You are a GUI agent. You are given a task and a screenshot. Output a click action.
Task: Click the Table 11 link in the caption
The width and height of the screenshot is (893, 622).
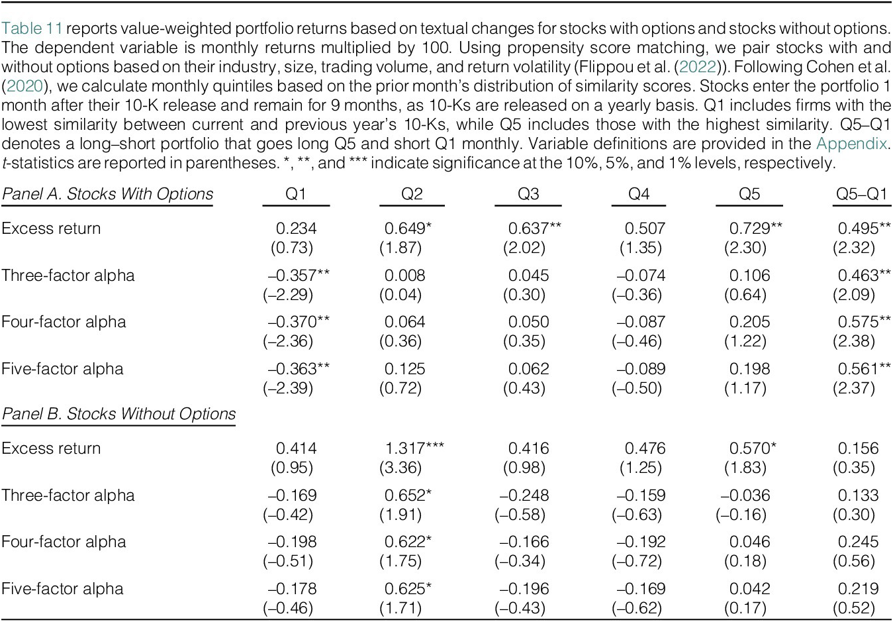pos(32,28)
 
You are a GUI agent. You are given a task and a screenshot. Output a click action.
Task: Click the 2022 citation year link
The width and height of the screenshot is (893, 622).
pos(698,67)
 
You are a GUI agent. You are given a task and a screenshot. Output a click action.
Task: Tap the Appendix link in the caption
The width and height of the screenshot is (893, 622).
pos(851,144)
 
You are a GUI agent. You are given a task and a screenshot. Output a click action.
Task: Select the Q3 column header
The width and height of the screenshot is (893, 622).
pos(528,194)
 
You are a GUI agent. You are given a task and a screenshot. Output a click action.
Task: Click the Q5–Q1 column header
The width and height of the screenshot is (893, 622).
pos(861,194)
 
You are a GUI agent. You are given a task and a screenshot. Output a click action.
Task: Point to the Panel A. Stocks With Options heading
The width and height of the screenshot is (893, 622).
pos(107,194)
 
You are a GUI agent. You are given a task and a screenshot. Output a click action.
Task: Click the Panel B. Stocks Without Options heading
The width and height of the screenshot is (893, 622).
pos(118,414)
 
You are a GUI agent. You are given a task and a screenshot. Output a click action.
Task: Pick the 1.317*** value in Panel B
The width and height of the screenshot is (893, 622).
pos(414,448)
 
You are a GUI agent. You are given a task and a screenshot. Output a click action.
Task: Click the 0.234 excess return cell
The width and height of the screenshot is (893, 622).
pos(296,229)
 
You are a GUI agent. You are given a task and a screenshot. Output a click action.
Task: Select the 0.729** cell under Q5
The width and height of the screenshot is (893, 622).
pos(755,229)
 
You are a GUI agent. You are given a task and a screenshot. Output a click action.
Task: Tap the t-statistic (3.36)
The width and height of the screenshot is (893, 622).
pos(400,468)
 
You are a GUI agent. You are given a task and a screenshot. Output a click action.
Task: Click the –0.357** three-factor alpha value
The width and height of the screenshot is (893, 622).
pos(299,276)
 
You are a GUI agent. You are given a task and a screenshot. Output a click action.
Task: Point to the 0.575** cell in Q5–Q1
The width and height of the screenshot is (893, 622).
pos(864,322)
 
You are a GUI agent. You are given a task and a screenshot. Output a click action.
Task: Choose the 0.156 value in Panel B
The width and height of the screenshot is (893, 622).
pos(858,448)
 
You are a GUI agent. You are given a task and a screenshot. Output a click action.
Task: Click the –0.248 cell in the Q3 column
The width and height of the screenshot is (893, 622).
pos(524,495)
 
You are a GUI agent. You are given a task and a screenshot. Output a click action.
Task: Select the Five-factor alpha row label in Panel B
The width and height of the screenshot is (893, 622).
pos(62,589)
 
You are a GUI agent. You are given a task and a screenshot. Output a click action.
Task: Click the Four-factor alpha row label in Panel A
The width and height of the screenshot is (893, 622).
pos(64,322)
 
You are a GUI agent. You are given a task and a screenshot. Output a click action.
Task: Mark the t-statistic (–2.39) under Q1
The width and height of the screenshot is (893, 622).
pos(288,388)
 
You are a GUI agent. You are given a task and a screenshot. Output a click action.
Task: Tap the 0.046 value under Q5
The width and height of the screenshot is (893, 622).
pos(749,542)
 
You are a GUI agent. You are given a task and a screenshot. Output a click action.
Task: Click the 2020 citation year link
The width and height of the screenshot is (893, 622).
pos(24,86)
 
